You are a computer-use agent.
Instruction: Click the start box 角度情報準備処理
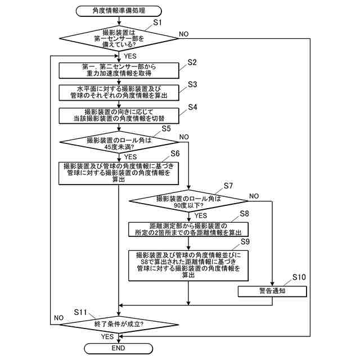[x=119, y=10]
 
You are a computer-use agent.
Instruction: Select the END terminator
[x=119, y=349]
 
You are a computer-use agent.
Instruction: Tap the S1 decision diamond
[x=119, y=39]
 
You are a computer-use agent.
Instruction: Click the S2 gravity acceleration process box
[x=119, y=69]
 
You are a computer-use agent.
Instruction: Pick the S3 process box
[x=119, y=92]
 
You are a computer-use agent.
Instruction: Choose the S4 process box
[x=119, y=115]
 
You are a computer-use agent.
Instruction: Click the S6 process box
[x=119, y=173]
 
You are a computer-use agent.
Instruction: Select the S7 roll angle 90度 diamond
[x=188, y=201]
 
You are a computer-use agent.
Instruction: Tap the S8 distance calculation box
[x=188, y=229]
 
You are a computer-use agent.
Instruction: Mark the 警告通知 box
[x=272, y=291]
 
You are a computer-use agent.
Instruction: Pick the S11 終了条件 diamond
[x=119, y=324]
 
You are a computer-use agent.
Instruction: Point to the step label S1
[x=157, y=22]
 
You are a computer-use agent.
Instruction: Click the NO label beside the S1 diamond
[x=183, y=34]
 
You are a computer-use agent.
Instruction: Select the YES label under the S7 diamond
[x=200, y=215]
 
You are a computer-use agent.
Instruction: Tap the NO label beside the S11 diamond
[x=58, y=318]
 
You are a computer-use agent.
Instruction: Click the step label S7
[x=228, y=186]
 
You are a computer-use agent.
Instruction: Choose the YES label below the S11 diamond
[x=107, y=336]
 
